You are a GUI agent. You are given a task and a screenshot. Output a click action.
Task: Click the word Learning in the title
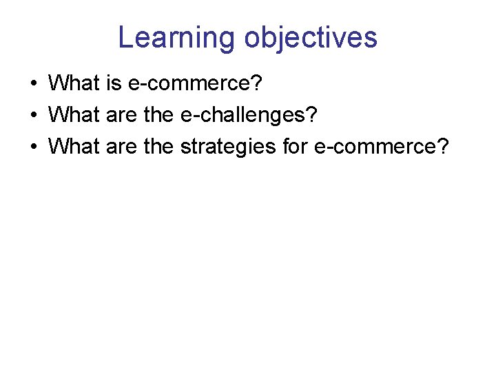[x=177, y=37]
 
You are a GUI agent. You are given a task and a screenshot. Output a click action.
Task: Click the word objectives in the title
[x=311, y=37]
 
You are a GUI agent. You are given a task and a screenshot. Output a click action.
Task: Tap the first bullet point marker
[x=33, y=85]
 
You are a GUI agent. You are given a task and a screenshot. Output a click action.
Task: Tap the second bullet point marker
[x=33, y=116]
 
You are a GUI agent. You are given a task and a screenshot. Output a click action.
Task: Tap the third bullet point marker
[x=33, y=147]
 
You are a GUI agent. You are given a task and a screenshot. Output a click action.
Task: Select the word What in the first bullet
[x=74, y=83]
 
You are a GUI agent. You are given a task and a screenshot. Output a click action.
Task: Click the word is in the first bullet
[x=114, y=83]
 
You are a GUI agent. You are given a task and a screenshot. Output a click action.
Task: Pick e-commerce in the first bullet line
[x=189, y=83]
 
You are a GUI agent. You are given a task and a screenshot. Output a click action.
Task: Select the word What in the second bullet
[x=74, y=114]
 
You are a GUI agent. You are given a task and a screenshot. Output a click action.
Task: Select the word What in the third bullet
[x=74, y=145]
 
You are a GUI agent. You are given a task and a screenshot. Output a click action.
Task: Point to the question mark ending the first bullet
[x=258, y=83]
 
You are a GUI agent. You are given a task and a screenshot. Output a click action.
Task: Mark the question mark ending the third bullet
[x=442, y=145]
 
